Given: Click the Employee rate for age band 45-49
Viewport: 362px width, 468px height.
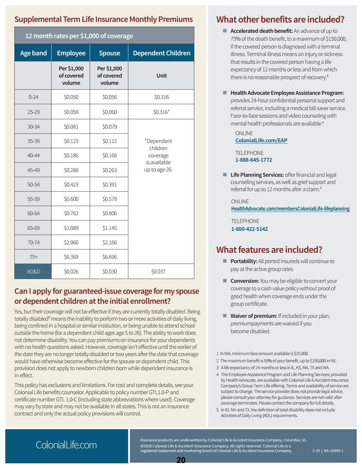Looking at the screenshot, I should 71,170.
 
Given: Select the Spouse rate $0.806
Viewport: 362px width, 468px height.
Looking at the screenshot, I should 110,213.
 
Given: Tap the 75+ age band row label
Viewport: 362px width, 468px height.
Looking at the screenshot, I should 33,257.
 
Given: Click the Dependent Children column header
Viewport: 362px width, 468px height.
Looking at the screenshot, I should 161,53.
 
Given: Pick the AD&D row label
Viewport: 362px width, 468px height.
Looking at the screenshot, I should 33,272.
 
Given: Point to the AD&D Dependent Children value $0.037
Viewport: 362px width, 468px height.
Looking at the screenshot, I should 158,272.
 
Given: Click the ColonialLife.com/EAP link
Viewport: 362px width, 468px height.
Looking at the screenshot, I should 261,140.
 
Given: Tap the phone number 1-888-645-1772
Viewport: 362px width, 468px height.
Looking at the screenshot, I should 254,160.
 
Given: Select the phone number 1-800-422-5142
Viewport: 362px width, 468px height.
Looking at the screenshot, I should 249,229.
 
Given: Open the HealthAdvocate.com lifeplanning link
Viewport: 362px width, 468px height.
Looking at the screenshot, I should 290,209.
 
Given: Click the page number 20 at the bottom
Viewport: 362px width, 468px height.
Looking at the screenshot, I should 181,460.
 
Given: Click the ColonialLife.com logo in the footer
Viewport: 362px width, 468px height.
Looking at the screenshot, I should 66,445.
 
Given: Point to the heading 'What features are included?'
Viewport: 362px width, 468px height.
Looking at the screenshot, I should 269,250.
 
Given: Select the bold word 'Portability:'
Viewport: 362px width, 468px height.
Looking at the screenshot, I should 244,261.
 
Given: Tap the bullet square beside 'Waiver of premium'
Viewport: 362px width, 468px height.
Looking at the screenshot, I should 225,316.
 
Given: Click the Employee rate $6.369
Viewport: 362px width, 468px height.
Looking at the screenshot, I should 71,257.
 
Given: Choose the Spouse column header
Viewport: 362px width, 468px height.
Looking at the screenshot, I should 109,53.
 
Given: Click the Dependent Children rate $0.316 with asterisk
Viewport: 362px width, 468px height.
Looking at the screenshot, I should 161,112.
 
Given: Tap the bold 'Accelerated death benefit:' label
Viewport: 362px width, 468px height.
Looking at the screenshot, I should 261,31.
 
